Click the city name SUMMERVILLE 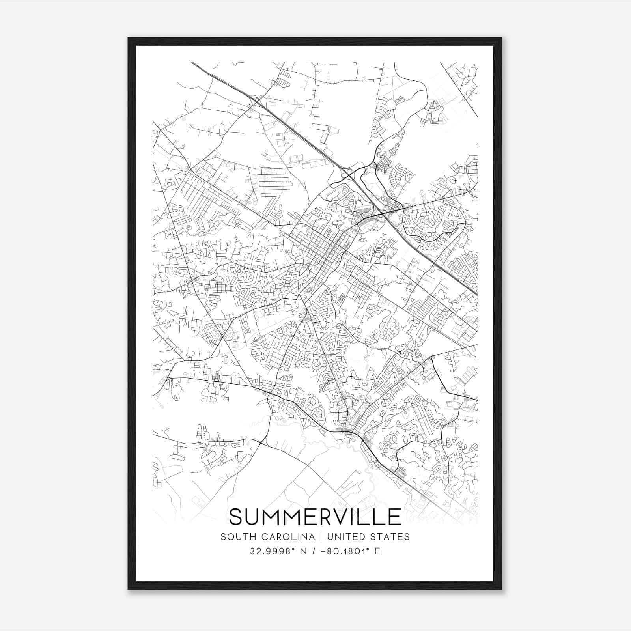315,517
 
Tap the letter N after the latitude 303,551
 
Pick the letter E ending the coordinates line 377,551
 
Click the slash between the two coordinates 314,551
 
